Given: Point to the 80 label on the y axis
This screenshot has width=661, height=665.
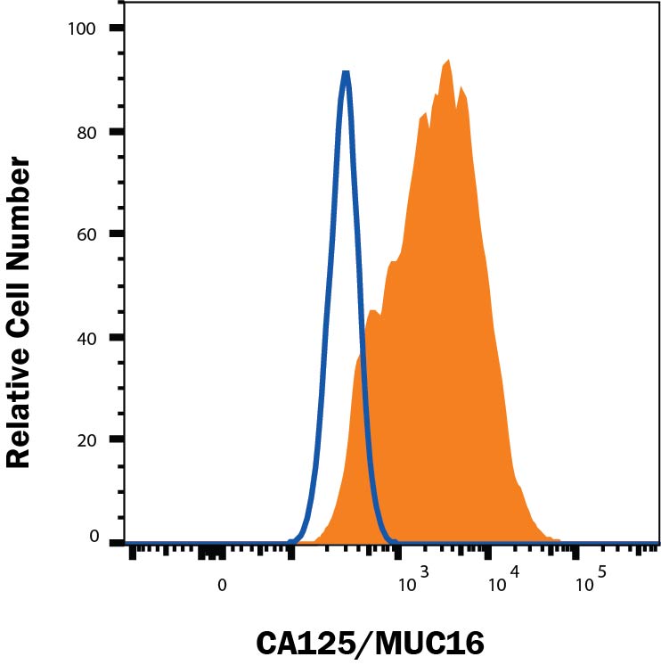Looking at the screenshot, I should (x=86, y=132).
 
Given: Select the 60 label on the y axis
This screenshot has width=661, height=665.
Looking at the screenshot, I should (x=86, y=234).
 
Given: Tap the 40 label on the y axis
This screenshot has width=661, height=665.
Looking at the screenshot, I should (x=86, y=338).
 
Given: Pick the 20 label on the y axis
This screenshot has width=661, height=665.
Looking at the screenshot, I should (x=86, y=440).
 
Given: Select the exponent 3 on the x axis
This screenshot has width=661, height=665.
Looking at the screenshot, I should (x=424, y=571).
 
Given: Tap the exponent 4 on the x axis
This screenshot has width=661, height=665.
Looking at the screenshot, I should (x=513, y=571).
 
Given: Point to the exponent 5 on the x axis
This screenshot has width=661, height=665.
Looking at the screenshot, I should (x=602, y=571).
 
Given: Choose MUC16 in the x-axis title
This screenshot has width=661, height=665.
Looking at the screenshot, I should (x=439, y=643).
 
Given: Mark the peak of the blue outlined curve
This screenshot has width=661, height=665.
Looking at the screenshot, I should (x=346, y=73).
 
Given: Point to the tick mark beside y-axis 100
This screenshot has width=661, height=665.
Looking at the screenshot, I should (x=116, y=29).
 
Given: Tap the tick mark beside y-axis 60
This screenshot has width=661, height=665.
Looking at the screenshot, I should (x=116, y=234).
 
